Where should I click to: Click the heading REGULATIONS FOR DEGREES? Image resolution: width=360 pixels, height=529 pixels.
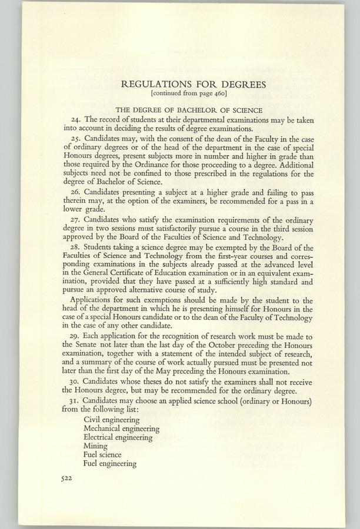(180, 84)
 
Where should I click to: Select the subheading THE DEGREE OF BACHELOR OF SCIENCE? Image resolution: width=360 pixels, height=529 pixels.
(180, 111)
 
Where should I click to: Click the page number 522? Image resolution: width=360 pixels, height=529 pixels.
(66, 478)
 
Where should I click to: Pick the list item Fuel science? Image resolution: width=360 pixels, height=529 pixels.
(102, 454)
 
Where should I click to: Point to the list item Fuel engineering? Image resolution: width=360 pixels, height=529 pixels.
(110, 463)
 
